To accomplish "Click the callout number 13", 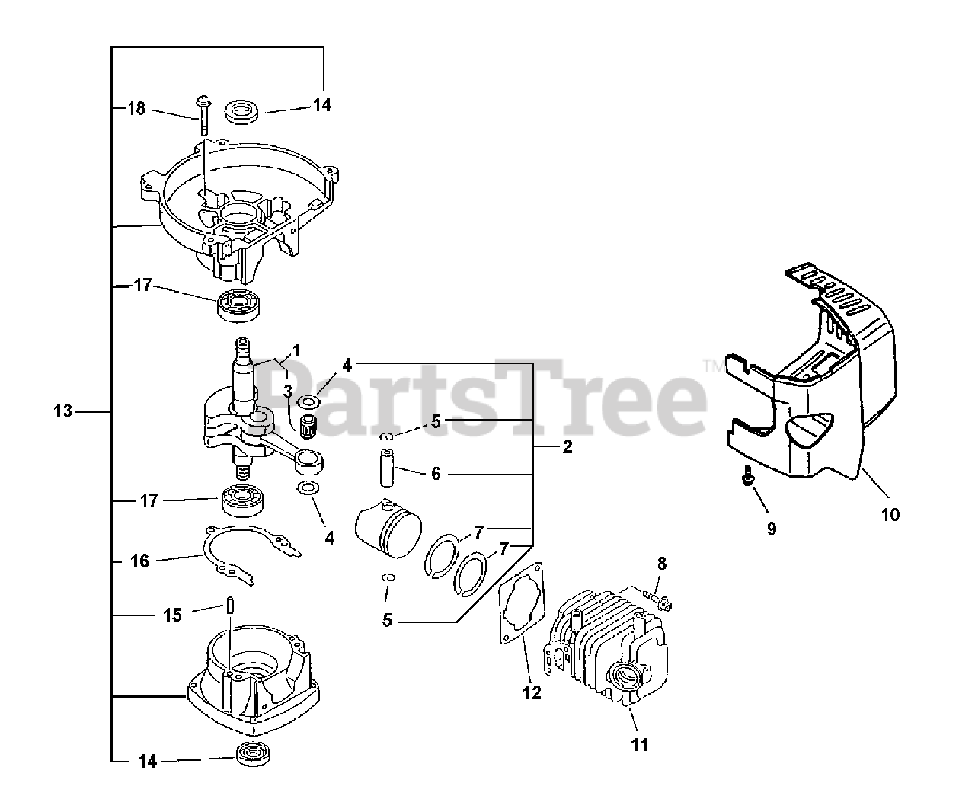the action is coord(62,411).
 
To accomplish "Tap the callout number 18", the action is coord(136,108).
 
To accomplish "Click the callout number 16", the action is coord(139,561).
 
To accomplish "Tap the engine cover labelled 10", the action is coord(815,396).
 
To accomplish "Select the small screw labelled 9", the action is coord(747,476).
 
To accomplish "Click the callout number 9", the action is coord(772,529).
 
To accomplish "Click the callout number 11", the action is coord(640,744).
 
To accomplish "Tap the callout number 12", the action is coord(532,693).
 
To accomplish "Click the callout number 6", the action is coord(436,474).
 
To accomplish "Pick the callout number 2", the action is coord(567,448).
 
